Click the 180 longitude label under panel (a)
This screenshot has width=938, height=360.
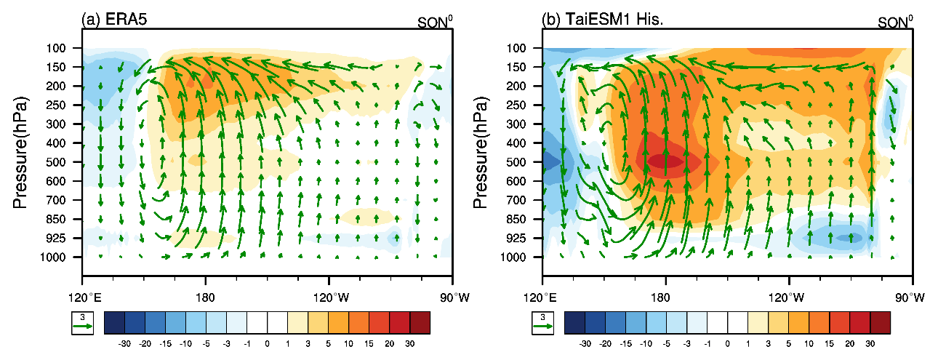click(206, 298)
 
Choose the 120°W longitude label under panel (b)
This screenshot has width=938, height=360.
click(789, 298)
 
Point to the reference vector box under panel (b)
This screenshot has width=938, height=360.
click(542, 323)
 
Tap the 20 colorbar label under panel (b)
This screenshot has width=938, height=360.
click(849, 341)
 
